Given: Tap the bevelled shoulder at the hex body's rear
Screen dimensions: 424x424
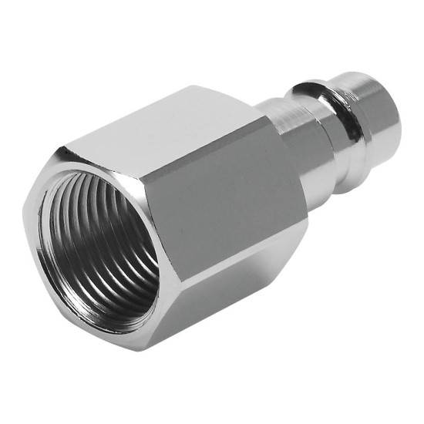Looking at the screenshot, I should coord(274,154).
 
